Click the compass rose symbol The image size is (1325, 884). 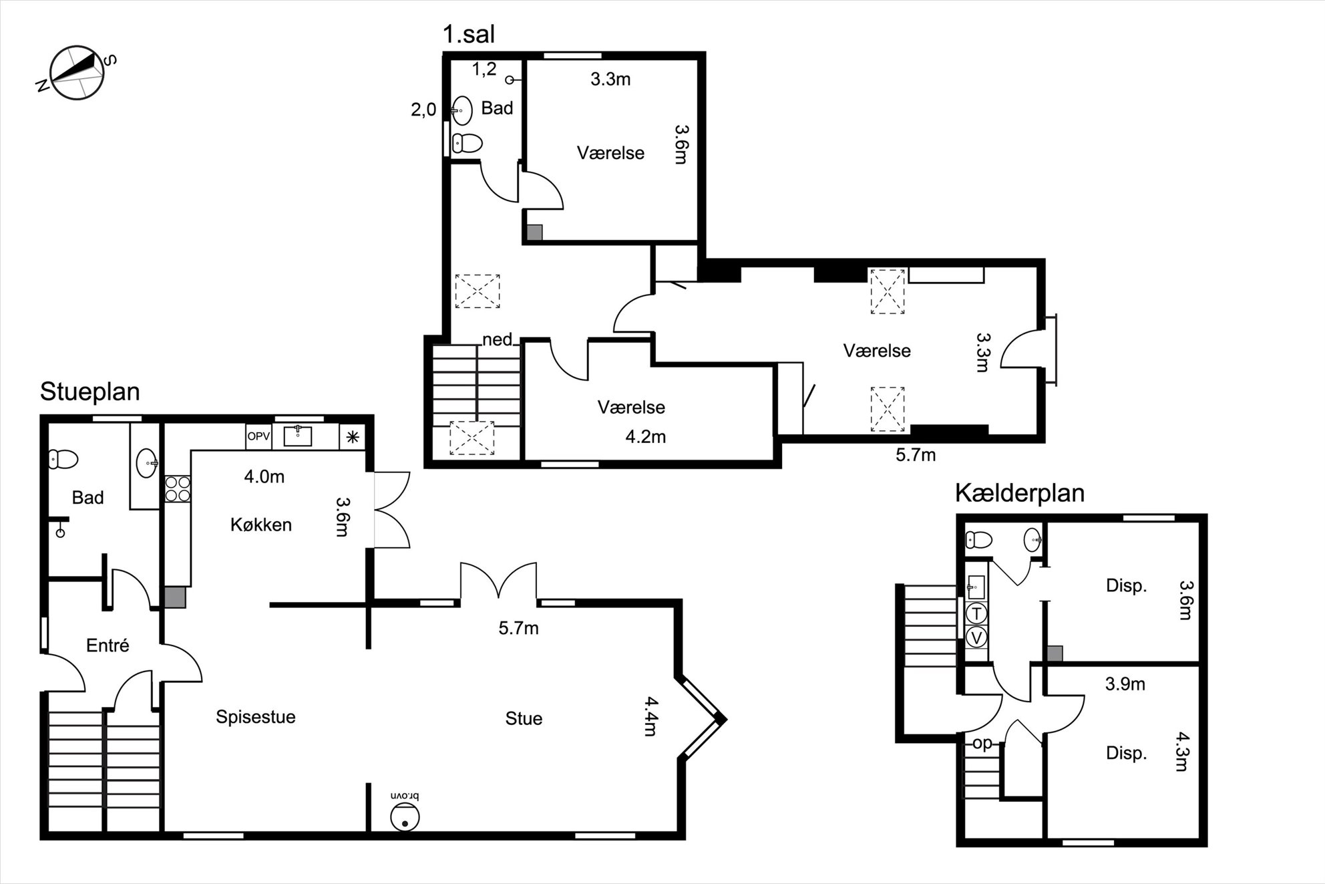(78, 73)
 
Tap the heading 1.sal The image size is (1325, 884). (469, 34)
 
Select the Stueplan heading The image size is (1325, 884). (90, 392)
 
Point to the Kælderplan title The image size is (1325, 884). (1019, 493)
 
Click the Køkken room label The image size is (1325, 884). (261, 525)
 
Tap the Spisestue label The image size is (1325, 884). (256, 718)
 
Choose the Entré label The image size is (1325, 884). (108, 645)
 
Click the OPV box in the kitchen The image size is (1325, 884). (258, 437)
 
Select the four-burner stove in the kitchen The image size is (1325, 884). (177, 488)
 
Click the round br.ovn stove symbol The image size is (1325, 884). (405, 817)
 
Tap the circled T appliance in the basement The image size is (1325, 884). (977, 613)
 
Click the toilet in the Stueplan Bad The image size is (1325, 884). (63, 459)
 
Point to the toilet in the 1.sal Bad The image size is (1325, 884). (467, 143)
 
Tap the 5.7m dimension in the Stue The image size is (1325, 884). (518, 628)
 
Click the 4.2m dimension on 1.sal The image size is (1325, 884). (645, 437)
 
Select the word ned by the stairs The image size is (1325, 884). (498, 339)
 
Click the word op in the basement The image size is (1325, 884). (982, 744)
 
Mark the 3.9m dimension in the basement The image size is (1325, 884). (1125, 684)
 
